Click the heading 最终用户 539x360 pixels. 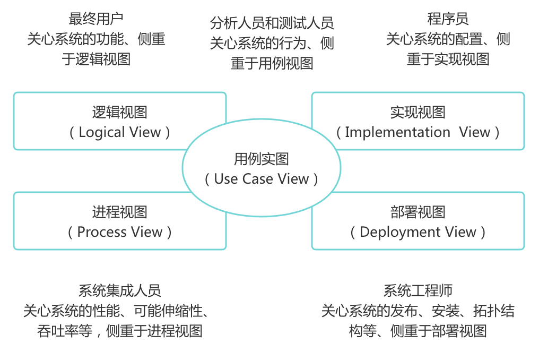pos(96,19)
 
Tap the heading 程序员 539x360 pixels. pos(448,19)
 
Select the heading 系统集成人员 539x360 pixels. pos(119,290)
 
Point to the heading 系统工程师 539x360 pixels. pos(418,290)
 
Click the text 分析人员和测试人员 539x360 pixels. pos(272,23)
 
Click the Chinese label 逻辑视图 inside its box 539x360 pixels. pos(119,112)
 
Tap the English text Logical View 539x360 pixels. pos(119,132)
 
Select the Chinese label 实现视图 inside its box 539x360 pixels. pos(418,112)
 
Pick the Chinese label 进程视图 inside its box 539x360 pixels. pos(119,212)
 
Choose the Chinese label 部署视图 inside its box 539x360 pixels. pos(418,212)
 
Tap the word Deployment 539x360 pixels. pos(392,232)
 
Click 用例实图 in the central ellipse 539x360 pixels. pos(262,159)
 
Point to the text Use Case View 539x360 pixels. pos(262,179)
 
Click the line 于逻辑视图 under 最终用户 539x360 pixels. pos(96,59)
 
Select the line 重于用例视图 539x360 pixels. pos(272,63)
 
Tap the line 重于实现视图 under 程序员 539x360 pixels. pos(448,59)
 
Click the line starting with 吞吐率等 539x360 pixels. pos(119,331)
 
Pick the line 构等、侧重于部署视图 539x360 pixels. pos(418,331)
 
